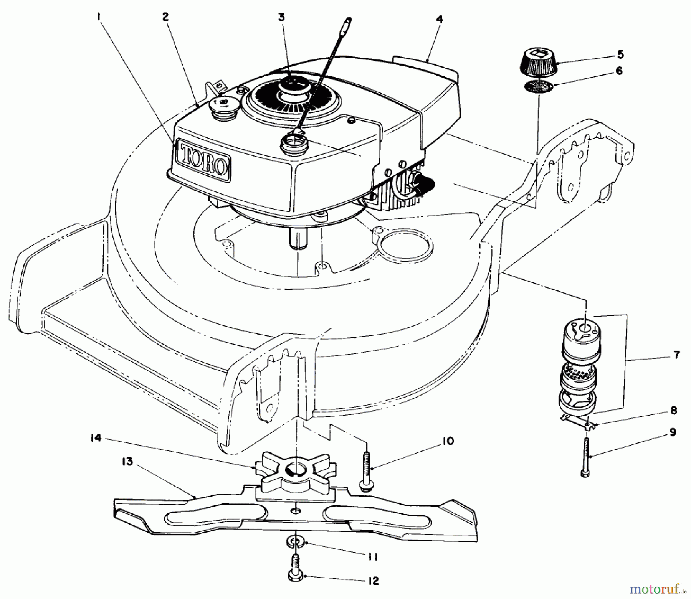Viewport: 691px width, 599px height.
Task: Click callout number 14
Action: (x=96, y=438)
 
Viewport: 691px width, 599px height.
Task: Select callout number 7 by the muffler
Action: (x=676, y=355)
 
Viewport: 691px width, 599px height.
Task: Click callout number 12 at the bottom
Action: (x=374, y=581)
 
